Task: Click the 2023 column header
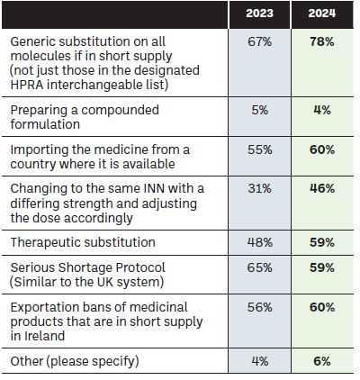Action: click(x=259, y=14)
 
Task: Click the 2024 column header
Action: click(x=322, y=14)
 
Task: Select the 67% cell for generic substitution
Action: click(x=259, y=41)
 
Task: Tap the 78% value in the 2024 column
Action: click(x=322, y=41)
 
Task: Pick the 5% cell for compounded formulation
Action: click(x=259, y=110)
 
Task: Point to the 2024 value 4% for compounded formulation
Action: click(x=322, y=110)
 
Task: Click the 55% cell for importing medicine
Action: click(x=259, y=149)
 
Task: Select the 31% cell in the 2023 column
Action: click(x=259, y=188)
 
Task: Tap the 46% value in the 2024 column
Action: click(x=322, y=188)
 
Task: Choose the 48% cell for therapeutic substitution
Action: click(x=259, y=242)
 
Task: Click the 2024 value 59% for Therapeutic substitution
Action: click(x=322, y=242)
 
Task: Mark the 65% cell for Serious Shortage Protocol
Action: click(x=259, y=267)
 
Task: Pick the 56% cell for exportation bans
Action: click(x=259, y=307)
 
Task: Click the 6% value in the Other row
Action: click(x=322, y=361)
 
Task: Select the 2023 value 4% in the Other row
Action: click(x=259, y=361)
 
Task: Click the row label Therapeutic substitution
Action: click(x=83, y=242)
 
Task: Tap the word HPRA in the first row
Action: click(x=27, y=85)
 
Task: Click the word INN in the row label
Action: click(x=154, y=188)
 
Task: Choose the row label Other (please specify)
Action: click(x=75, y=361)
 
